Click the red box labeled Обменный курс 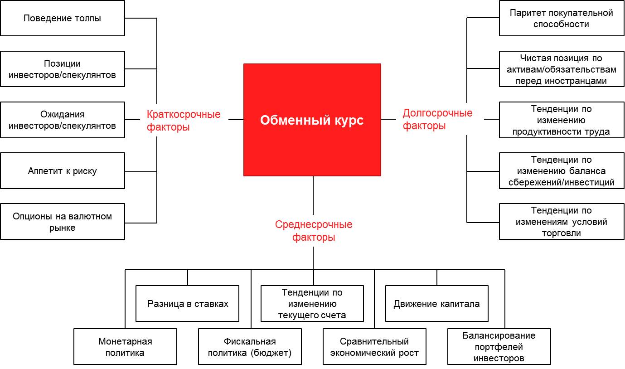coord(312,120)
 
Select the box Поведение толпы coord(63,19)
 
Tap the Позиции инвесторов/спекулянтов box coord(63,69)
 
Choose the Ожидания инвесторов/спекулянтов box coord(63,120)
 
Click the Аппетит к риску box coord(63,171)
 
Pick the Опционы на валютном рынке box coord(63,222)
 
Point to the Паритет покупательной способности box coord(561,19)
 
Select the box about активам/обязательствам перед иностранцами coord(561,69)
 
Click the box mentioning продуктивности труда coord(561,120)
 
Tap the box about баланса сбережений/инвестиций coord(561,171)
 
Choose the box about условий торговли coord(561,222)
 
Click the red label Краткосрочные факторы coord(184,121)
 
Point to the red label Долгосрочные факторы coord(437,119)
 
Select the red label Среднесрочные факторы coord(314,231)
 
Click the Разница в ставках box coord(188,303)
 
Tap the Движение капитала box coord(436,303)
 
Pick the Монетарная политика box coord(125,347)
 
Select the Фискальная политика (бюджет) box coord(250,347)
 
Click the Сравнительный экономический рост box coord(374,347)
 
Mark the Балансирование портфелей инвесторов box coord(499,347)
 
